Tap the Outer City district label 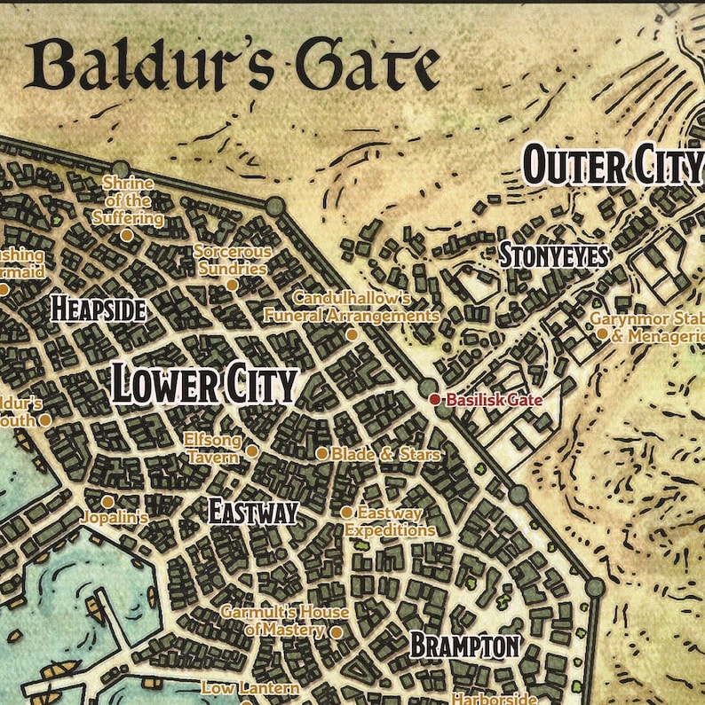pos(613,166)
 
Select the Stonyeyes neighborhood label pos(553,256)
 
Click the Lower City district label pos(203,385)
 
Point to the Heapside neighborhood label pos(98,309)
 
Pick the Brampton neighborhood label pos(464,646)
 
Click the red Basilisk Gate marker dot pos(435,400)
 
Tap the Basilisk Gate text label pos(494,400)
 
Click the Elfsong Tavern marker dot pos(252,450)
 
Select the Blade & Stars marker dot pos(322,453)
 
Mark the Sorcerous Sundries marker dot pos(233,285)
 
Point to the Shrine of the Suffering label pos(128,200)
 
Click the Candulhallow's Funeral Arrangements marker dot pos(352,334)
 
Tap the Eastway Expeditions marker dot pos(346,513)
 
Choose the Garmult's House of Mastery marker pos(336,632)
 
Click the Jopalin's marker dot pos(107,502)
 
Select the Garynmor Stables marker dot pos(602,333)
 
